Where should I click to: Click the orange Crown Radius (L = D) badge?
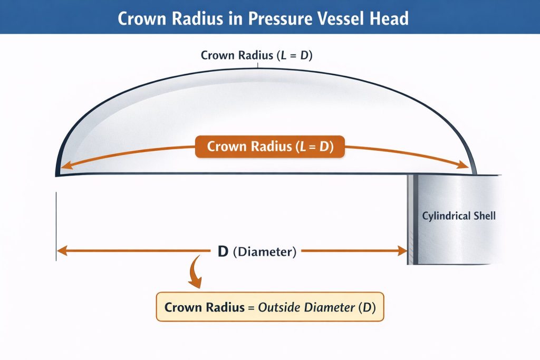[270, 147]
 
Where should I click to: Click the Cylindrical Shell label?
[459, 216]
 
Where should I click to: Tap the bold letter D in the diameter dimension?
[223, 251]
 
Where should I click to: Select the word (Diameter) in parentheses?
[265, 251]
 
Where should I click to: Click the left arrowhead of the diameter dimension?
[62, 250]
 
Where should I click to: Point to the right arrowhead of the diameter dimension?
[402, 250]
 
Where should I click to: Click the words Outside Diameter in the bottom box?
[306, 307]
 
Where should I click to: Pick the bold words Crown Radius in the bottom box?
[204, 307]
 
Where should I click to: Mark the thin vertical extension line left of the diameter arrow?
[56, 227]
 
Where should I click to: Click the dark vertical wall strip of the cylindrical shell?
[416, 219]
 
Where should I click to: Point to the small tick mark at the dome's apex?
[257, 65]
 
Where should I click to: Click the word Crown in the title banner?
[142, 18]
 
